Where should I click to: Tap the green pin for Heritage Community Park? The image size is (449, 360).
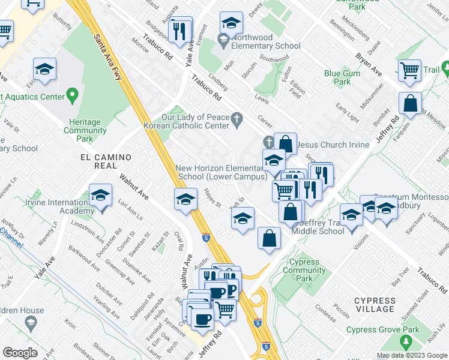[73, 94]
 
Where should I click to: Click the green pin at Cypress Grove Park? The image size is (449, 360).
[406, 342]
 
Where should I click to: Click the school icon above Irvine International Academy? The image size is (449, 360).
[101, 196]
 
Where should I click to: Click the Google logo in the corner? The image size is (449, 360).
[20, 352]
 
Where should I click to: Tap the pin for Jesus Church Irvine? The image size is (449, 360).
[268, 142]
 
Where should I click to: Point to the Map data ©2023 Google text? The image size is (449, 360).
[412, 355]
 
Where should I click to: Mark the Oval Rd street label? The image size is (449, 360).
[178, 239]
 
